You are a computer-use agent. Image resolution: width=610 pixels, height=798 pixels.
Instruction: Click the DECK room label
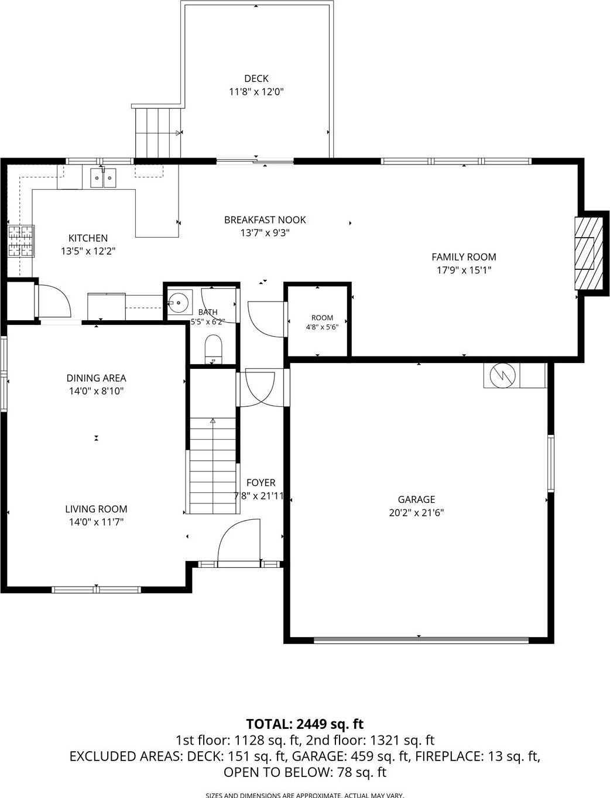256,78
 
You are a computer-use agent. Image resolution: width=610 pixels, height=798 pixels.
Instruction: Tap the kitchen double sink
104,178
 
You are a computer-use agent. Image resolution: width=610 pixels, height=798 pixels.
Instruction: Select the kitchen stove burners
20,241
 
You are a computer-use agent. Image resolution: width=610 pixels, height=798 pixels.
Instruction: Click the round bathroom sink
179,302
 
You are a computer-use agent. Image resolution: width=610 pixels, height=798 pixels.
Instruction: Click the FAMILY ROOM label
464,257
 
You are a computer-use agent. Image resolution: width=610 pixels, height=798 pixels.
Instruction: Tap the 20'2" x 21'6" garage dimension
417,513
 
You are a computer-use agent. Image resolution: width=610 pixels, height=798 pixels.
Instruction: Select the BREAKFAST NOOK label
265,220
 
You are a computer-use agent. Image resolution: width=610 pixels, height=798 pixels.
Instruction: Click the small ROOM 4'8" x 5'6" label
322,322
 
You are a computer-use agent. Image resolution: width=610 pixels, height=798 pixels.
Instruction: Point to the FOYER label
261,482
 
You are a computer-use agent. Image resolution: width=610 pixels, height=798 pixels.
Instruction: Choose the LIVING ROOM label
97,509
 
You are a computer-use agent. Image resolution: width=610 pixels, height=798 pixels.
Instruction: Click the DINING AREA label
97,378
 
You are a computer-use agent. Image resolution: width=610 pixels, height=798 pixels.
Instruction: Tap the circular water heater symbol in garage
503,375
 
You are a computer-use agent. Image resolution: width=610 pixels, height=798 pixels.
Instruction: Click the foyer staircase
213,465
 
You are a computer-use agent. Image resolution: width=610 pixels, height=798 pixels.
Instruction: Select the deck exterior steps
158,133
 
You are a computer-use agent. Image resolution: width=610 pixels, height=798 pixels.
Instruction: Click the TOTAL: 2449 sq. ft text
305,724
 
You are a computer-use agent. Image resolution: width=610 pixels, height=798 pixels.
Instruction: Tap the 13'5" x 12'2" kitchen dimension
88,251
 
